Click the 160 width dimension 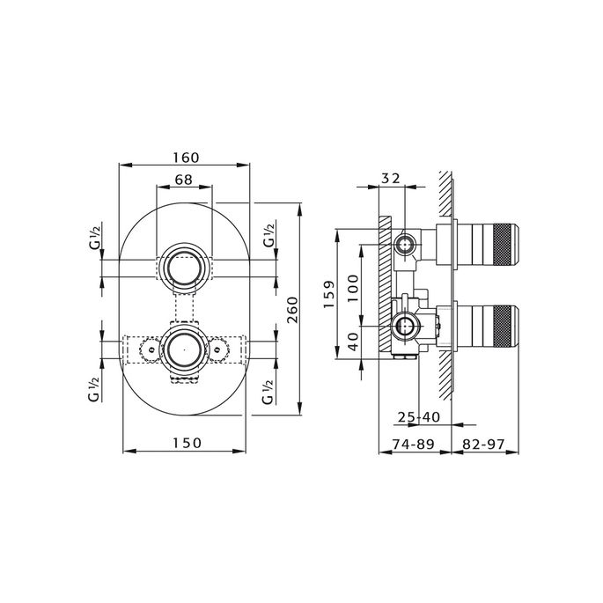pyautogui.click(x=186, y=158)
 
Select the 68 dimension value pyautogui.click(x=183, y=180)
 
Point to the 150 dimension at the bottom pyautogui.click(x=186, y=442)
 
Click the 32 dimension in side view pyautogui.click(x=391, y=179)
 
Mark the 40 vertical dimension pyautogui.click(x=352, y=341)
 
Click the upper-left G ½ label pyautogui.click(x=93, y=238)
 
